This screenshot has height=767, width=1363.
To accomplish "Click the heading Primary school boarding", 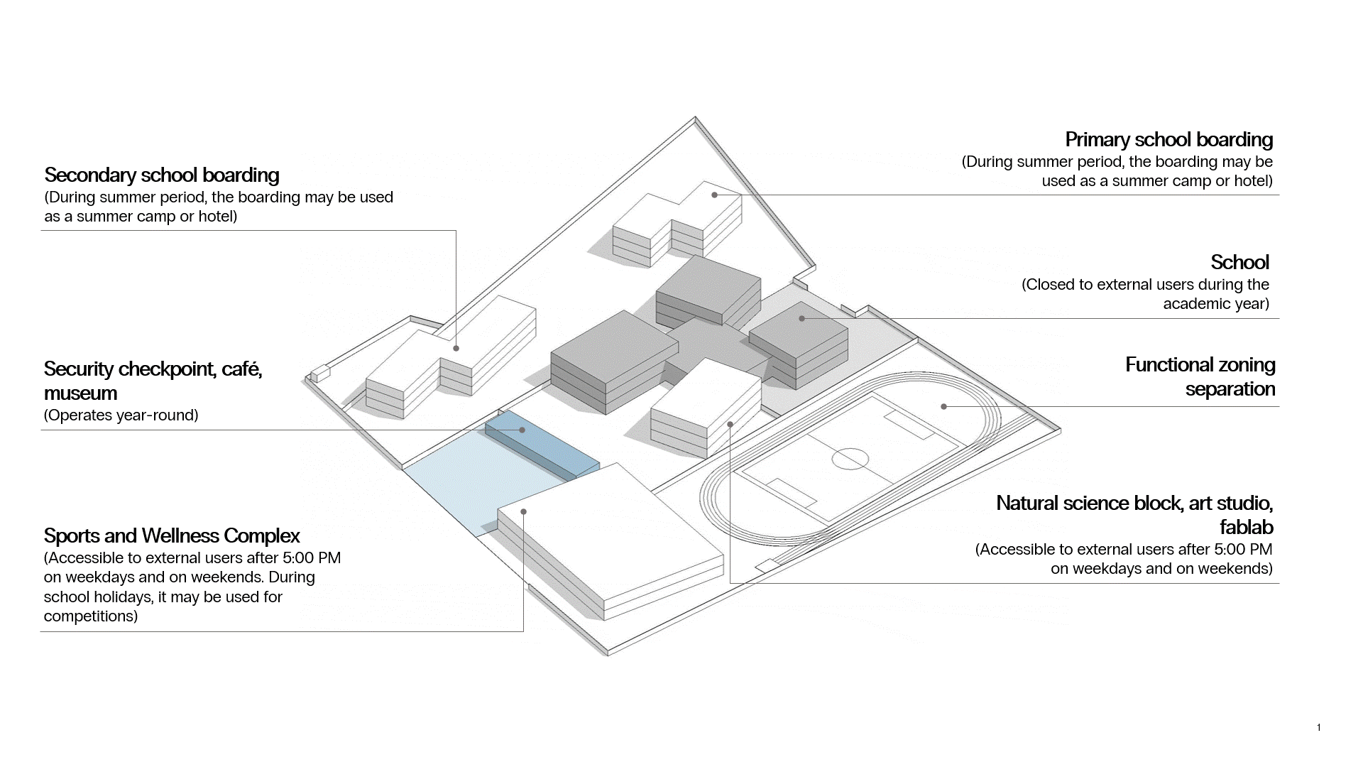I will [1168, 139].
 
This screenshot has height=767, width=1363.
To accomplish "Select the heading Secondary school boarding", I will [162, 175].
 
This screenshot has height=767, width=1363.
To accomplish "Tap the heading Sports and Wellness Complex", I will [172, 535].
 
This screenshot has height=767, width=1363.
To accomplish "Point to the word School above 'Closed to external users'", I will [1239, 262].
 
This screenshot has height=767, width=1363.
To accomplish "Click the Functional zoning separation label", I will [1200, 376].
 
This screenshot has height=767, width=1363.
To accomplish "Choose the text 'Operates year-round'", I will [121, 415].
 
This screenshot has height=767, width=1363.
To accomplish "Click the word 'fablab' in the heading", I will [1246, 527].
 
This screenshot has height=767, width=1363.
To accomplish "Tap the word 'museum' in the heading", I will [80, 393].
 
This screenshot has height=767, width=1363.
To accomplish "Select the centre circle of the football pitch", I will [850, 459].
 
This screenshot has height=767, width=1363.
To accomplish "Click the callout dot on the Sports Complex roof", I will [523, 511].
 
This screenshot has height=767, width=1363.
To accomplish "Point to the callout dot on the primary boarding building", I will [715, 195].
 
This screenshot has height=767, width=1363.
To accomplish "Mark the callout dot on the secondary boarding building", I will [456, 348].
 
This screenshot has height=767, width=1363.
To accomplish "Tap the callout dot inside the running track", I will [943, 406].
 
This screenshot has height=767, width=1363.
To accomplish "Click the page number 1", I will [1319, 727].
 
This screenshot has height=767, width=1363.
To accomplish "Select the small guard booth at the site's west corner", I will [319, 373].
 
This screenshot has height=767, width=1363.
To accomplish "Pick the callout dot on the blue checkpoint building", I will [522, 430].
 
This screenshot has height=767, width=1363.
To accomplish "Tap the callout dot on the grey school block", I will [801, 318].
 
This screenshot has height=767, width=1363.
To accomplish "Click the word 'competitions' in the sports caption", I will [90, 616].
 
